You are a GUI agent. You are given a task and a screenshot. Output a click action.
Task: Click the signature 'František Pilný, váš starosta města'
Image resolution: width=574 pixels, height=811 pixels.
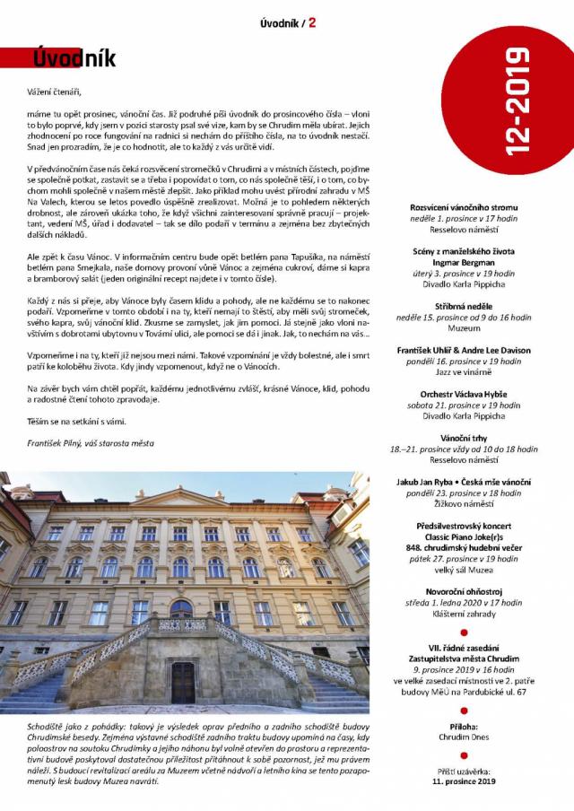90,443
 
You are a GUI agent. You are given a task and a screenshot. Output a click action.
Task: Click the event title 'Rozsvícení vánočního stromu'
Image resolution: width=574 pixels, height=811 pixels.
464,206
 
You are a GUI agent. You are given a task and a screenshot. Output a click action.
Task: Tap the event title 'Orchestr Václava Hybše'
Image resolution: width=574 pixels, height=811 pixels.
464,393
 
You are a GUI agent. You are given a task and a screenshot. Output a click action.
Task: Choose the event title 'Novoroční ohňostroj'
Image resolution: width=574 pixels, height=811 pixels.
464,591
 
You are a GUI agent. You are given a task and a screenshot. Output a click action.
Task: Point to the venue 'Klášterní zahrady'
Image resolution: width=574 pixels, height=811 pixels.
464,616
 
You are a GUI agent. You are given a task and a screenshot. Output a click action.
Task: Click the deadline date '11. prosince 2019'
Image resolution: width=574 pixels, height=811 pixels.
464,781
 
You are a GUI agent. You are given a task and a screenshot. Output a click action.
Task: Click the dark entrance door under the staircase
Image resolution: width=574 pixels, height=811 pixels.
183,682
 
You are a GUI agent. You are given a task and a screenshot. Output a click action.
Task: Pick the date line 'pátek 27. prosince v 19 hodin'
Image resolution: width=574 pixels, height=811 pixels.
464,558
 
